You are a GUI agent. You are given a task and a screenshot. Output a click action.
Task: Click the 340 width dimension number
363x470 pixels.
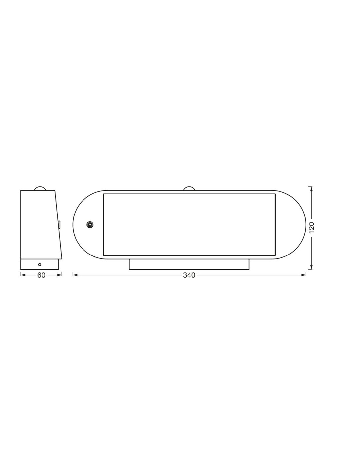click(x=189, y=275)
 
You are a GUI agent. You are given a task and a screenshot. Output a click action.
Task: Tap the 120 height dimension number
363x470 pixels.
click(x=312, y=228)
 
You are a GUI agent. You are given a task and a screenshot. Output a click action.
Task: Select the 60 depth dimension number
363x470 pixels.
click(x=41, y=275)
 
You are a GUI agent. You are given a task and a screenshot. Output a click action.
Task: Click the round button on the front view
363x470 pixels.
click(x=90, y=225)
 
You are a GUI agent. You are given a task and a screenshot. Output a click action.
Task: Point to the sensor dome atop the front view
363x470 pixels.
click(x=189, y=188)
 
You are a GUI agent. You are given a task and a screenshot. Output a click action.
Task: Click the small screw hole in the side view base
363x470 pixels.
click(x=40, y=264)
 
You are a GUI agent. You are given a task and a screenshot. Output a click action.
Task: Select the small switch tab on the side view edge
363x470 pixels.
click(x=60, y=224)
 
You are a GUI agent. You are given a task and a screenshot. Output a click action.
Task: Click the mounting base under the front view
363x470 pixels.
click(x=189, y=264)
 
